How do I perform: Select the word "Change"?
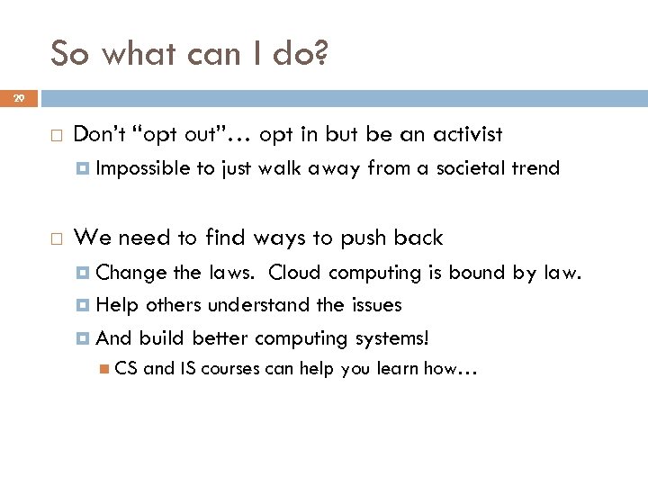click(x=125, y=272)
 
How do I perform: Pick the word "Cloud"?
click(x=293, y=272)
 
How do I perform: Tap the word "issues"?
click(x=373, y=305)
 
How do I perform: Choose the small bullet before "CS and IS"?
click(x=105, y=368)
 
